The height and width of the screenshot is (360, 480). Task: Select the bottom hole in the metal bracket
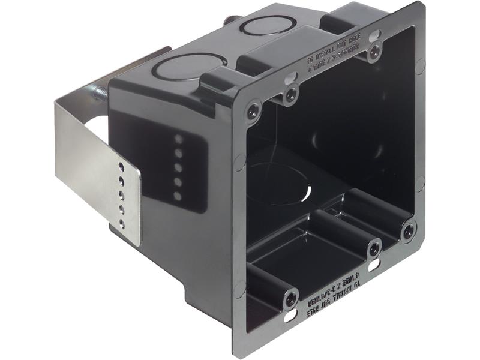coord(122,223)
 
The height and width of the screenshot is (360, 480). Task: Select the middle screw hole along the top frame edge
coord(291,94)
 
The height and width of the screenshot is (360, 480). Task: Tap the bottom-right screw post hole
coord(409,230)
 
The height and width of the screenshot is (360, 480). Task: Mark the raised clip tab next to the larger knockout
coord(220,81)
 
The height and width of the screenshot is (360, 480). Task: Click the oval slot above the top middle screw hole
coord(292,77)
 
